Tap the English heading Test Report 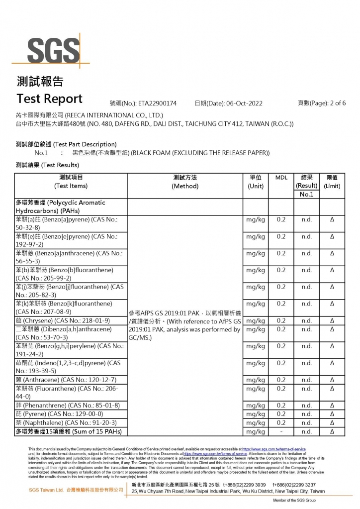coord(49,98)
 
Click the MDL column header coord(281,178)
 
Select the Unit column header coord(256,182)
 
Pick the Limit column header coord(332,182)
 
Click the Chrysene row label coord(63,320)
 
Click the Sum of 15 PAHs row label coord(69,431)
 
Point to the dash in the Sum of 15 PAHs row coord(281,431)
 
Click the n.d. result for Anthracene coord(307,380)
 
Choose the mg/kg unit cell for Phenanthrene coord(256,406)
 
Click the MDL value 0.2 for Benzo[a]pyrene coord(281,219)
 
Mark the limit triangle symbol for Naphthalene coord(332,422)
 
